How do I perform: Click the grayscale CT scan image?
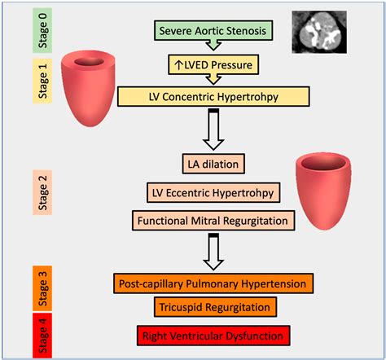pos(320,31)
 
